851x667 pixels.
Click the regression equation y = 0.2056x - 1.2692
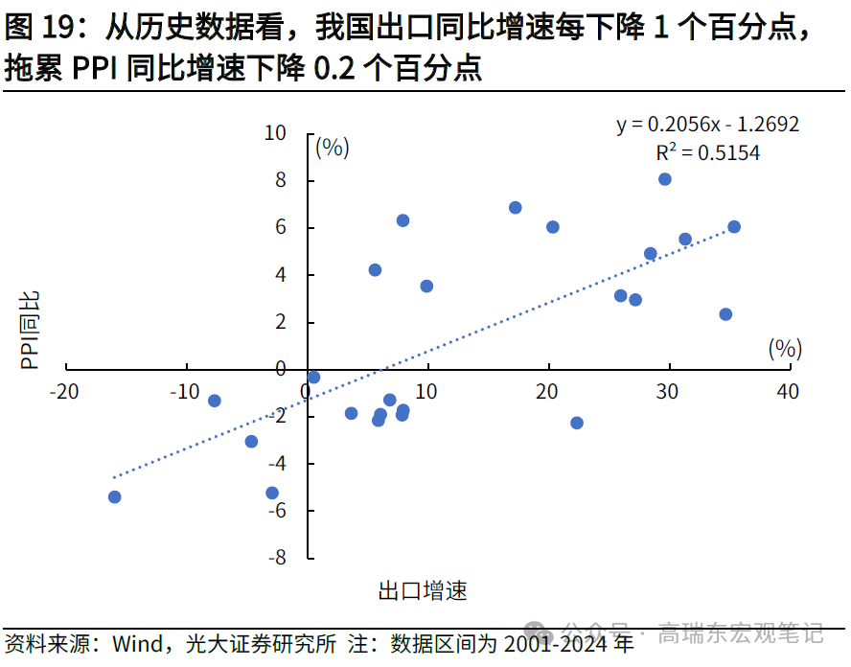pyautogui.click(x=707, y=125)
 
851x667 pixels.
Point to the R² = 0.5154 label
pyautogui.click(x=707, y=152)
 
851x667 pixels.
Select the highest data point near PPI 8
pyautogui.click(x=665, y=179)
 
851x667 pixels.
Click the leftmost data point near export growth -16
pyautogui.click(x=115, y=496)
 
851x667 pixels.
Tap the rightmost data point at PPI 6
pyautogui.click(x=734, y=227)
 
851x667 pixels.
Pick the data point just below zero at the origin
pyautogui.click(x=313, y=378)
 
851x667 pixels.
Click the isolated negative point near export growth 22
pyautogui.click(x=577, y=423)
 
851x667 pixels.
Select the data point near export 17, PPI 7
pyautogui.click(x=516, y=208)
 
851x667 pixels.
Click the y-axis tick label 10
pyautogui.click(x=276, y=133)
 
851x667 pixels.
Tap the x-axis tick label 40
pyautogui.click(x=788, y=391)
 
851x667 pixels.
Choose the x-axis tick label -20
pyautogui.click(x=65, y=391)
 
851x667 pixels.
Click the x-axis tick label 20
pyautogui.click(x=547, y=391)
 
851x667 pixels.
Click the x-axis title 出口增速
pyautogui.click(x=423, y=590)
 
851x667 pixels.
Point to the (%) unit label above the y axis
pyautogui.click(x=332, y=148)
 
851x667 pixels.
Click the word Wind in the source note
pyautogui.click(x=134, y=644)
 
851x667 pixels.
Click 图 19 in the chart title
pyautogui.click(x=40, y=29)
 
